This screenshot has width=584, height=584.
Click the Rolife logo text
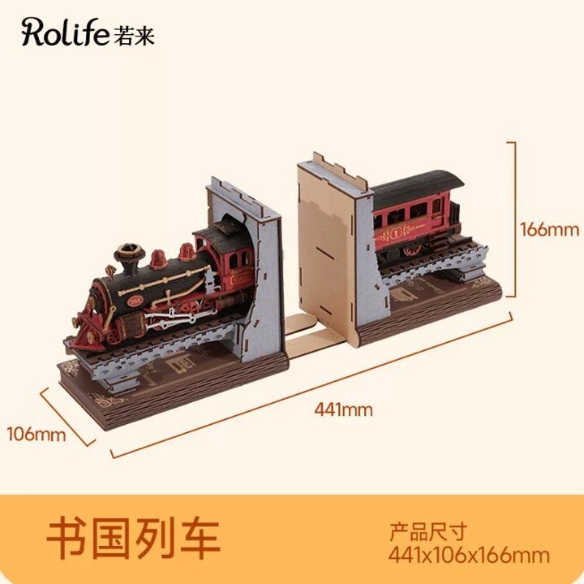[66, 33]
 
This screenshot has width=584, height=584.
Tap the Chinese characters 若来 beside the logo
[133, 35]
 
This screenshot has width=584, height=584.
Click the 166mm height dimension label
[549, 229]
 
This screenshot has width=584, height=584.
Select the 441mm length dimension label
[343, 410]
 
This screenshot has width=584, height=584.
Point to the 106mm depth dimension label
[36, 434]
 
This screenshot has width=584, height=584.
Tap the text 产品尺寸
[428, 532]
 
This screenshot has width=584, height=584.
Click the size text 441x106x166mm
[469, 555]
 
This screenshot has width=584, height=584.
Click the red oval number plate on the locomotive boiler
[131, 301]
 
